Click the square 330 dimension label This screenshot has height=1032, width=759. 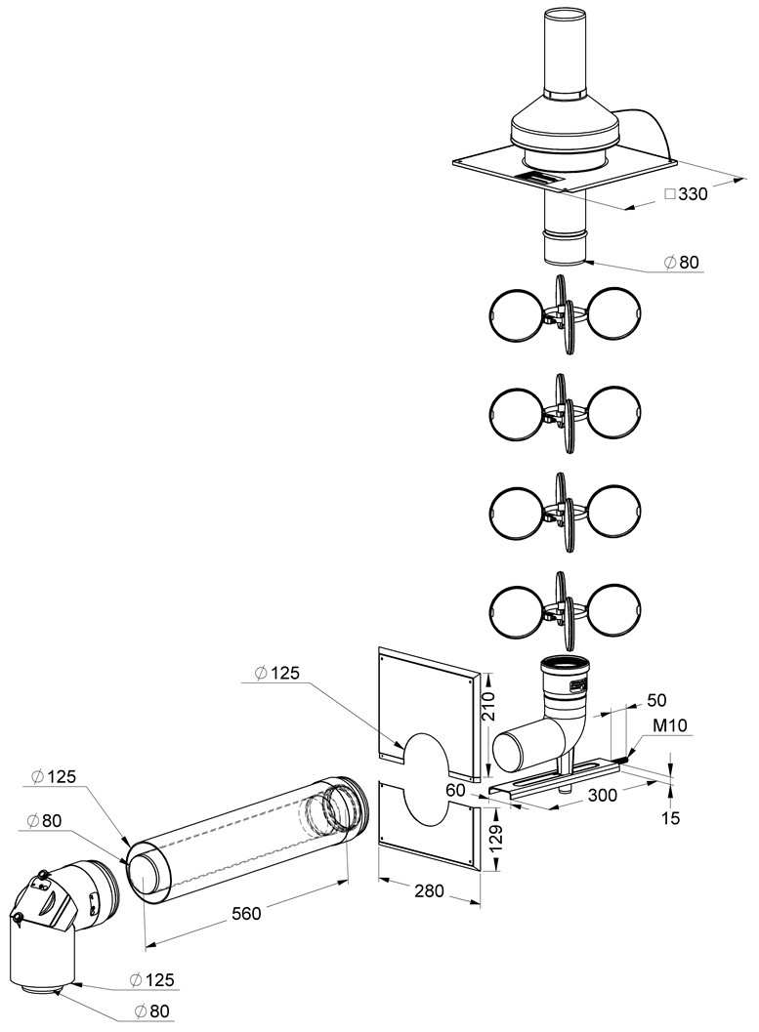point(686,194)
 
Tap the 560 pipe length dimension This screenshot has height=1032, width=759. point(246,914)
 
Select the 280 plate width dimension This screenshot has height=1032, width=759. point(430,891)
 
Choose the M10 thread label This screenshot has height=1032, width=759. point(670,725)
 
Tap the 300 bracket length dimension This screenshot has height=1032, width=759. point(603,795)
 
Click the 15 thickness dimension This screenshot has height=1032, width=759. point(671,818)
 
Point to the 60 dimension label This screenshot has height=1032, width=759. point(455,790)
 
